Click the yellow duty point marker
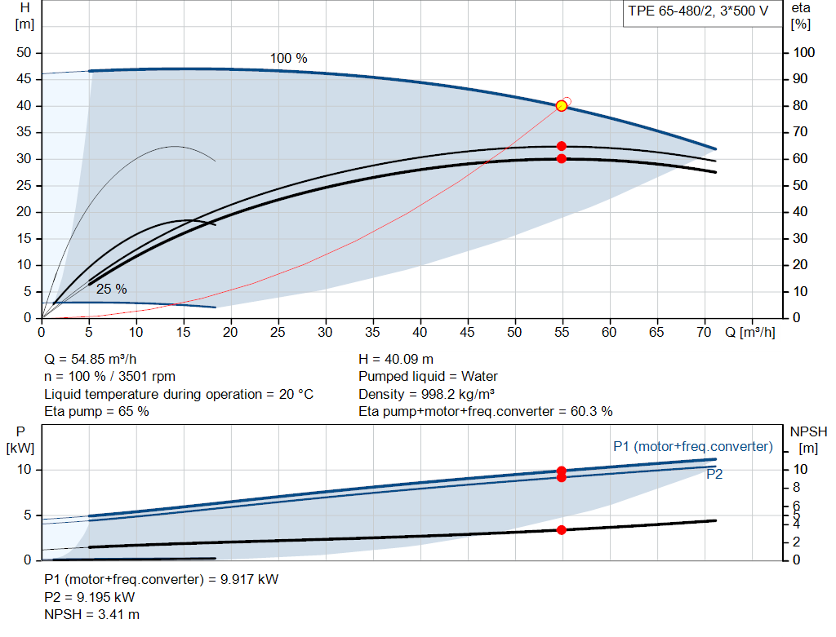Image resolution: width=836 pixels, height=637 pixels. click(562, 106)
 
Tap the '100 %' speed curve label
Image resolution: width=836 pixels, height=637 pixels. click(288, 58)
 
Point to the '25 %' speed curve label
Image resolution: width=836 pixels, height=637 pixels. click(111, 290)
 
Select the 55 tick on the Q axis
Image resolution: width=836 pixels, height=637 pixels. click(562, 332)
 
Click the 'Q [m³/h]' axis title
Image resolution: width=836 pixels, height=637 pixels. click(750, 332)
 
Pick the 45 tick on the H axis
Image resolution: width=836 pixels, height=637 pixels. click(24, 79)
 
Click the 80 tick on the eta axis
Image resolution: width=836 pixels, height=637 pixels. click(800, 105)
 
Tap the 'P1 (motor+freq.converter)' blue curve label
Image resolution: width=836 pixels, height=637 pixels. click(693, 446)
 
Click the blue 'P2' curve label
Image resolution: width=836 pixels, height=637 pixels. click(714, 474)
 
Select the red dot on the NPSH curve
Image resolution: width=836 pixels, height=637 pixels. click(562, 530)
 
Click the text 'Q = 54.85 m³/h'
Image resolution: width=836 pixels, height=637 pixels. click(90, 360)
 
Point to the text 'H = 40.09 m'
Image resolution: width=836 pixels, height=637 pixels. click(396, 360)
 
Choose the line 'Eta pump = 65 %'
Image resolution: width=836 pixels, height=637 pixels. click(96, 412)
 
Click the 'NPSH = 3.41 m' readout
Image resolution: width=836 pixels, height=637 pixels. click(91, 615)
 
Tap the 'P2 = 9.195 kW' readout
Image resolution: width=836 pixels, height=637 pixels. click(90, 597)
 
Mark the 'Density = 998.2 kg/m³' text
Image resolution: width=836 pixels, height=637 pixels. click(426, 394)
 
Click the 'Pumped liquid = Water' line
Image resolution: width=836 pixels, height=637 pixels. click(428, 377)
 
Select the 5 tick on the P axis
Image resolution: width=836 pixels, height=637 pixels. click(27, 515)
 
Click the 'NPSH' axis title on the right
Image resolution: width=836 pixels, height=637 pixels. click(808, 431)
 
